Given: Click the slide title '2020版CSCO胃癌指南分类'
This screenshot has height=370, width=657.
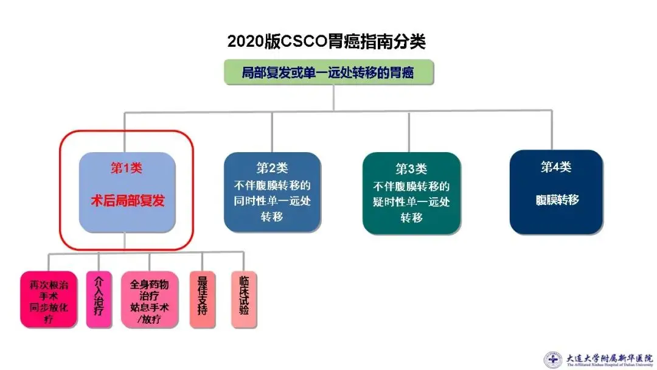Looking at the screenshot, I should tap(327, 41).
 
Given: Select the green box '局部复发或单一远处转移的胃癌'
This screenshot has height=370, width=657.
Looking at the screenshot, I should tap(328, 72).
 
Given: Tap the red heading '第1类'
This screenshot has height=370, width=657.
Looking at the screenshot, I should tap(127, 169).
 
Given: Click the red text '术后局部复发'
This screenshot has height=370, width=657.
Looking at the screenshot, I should tap(127, 201).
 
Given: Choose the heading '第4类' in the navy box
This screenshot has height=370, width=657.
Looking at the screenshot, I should tap(556, 167).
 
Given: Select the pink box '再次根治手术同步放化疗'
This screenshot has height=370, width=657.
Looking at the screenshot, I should tap(49, 300).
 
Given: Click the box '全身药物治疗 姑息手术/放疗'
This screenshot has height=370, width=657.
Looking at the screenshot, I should tap(149, 300).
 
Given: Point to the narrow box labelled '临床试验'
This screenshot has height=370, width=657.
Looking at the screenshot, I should tap(244, 297).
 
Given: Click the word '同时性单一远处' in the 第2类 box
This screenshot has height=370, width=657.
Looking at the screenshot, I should tap(272, 201).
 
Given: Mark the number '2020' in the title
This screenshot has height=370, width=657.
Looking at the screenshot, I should tap(247, 41).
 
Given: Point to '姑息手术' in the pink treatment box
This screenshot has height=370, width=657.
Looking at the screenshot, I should tap(149, 307).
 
